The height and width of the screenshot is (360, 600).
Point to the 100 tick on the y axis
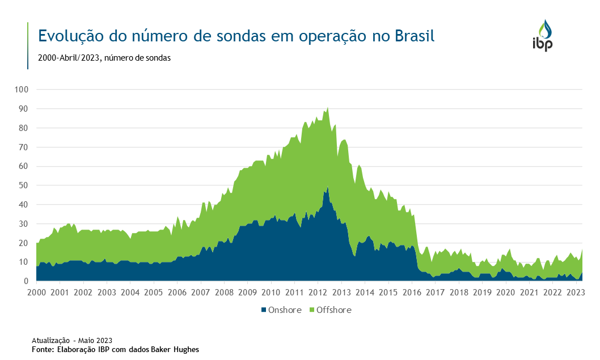pyautogui.click(x=22, y=90)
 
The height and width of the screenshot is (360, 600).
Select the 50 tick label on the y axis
pyautogui.click(x=24, y=185)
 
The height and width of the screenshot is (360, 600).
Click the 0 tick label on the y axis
pyautogui.click(x=26, y=281)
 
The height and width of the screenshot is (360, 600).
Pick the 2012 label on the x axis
pyautogui.click(x=318, y=293)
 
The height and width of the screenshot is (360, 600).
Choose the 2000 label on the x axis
pyautogui.click(x=36, y=293)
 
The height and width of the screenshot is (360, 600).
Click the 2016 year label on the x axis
pyautogui.click(x=412, y=293)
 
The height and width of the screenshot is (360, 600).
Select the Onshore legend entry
pyautogui.click(x=284, y=310)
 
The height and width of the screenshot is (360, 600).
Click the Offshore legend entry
pyautogui.click(x=334, y=310)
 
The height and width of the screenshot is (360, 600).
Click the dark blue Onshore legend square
pyautogui.click(x=264, y=310)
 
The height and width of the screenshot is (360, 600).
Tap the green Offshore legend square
pyautogui.click(x=311, y=310)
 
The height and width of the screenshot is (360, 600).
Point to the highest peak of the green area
pyautogui.click(x=327, y=108)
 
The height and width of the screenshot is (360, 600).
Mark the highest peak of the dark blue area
pyautogui.click(x=327, y=188)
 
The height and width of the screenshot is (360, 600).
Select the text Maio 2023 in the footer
pyautogui.click(x=96, y=341)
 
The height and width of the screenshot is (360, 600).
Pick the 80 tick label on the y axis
pyautogui.click(x=24, y=128)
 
